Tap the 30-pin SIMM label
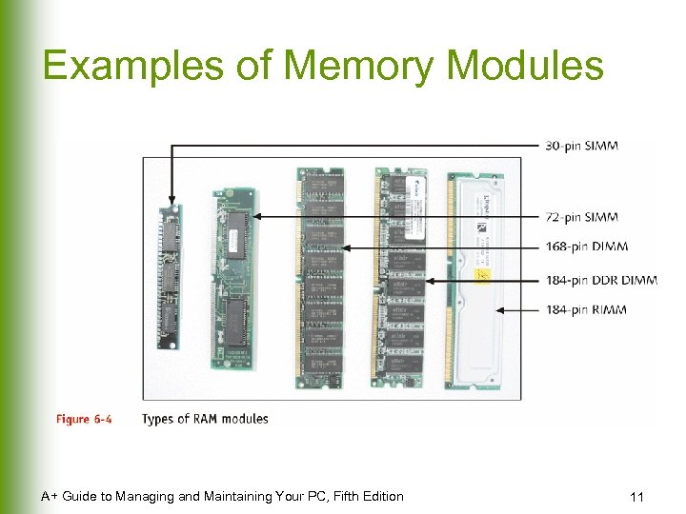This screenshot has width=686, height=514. pos(582,146)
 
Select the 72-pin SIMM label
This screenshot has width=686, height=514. pos(582,217)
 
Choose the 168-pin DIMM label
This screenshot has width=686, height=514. pos(586,247)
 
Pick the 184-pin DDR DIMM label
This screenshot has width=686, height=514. pos(600,280)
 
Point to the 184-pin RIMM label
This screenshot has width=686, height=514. pos(586,310)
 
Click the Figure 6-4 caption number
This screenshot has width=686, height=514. pos(83,419)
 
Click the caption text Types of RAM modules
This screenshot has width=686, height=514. pos(205,419)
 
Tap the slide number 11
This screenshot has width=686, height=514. pos(637,497)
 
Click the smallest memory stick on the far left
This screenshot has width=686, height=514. pos(169,277)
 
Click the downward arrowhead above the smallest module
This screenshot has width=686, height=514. pos(171,199)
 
